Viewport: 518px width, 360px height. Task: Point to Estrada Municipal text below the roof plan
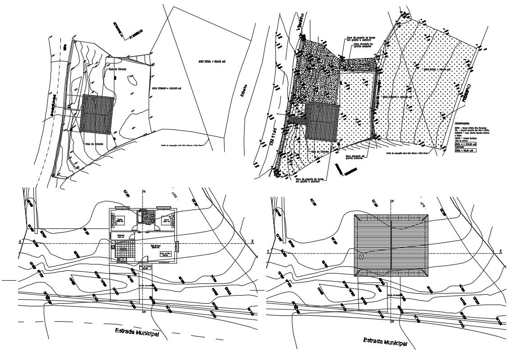click(385, 342)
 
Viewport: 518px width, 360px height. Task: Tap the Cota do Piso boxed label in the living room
click(165, 255)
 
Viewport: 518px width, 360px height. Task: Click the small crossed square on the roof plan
click(361, 256)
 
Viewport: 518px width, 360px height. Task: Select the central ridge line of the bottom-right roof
click(391, 246)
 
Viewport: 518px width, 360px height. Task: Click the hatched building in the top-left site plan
click(96, 114)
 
